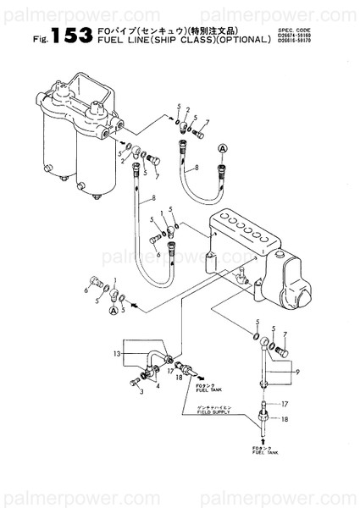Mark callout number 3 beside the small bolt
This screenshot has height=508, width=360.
point(141,393)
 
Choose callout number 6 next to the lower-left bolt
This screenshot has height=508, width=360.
point(87,289)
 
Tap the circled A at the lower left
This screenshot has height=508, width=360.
point(113,311)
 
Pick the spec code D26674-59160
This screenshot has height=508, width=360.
point(294,36)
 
